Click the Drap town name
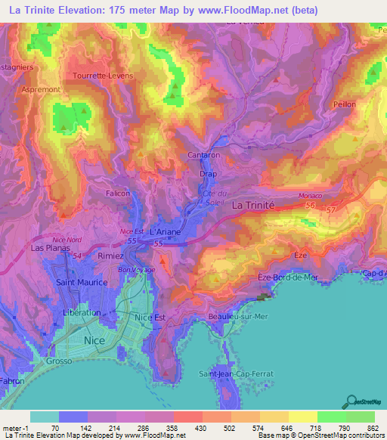208,174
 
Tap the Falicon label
118,194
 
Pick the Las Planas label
48,247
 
